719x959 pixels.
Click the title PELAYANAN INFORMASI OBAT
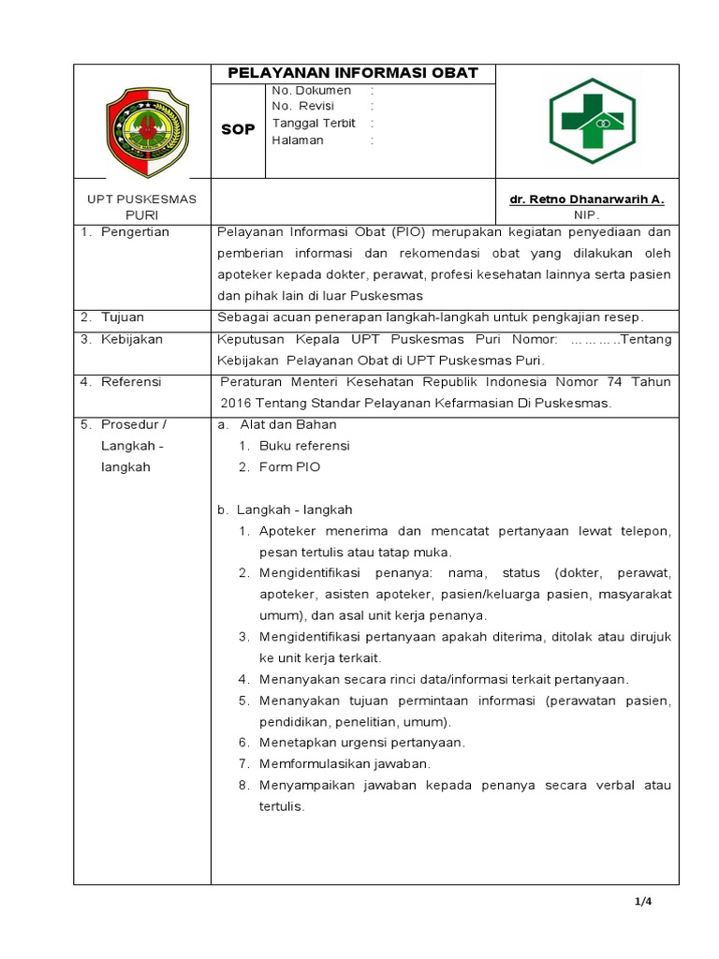point(354,73)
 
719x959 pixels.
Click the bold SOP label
point(238,129)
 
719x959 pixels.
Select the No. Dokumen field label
point(311,91)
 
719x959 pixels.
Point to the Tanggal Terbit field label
point(314,124)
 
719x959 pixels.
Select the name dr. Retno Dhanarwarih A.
point(586,199)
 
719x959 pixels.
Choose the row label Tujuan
point(124,317)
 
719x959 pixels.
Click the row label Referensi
point(132,382)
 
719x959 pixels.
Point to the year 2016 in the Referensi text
point(237,403)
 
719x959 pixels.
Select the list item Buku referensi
point(303,446)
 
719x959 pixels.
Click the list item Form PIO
point(289,467)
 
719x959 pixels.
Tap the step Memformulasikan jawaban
point(345,763)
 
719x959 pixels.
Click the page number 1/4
point(642,902)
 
